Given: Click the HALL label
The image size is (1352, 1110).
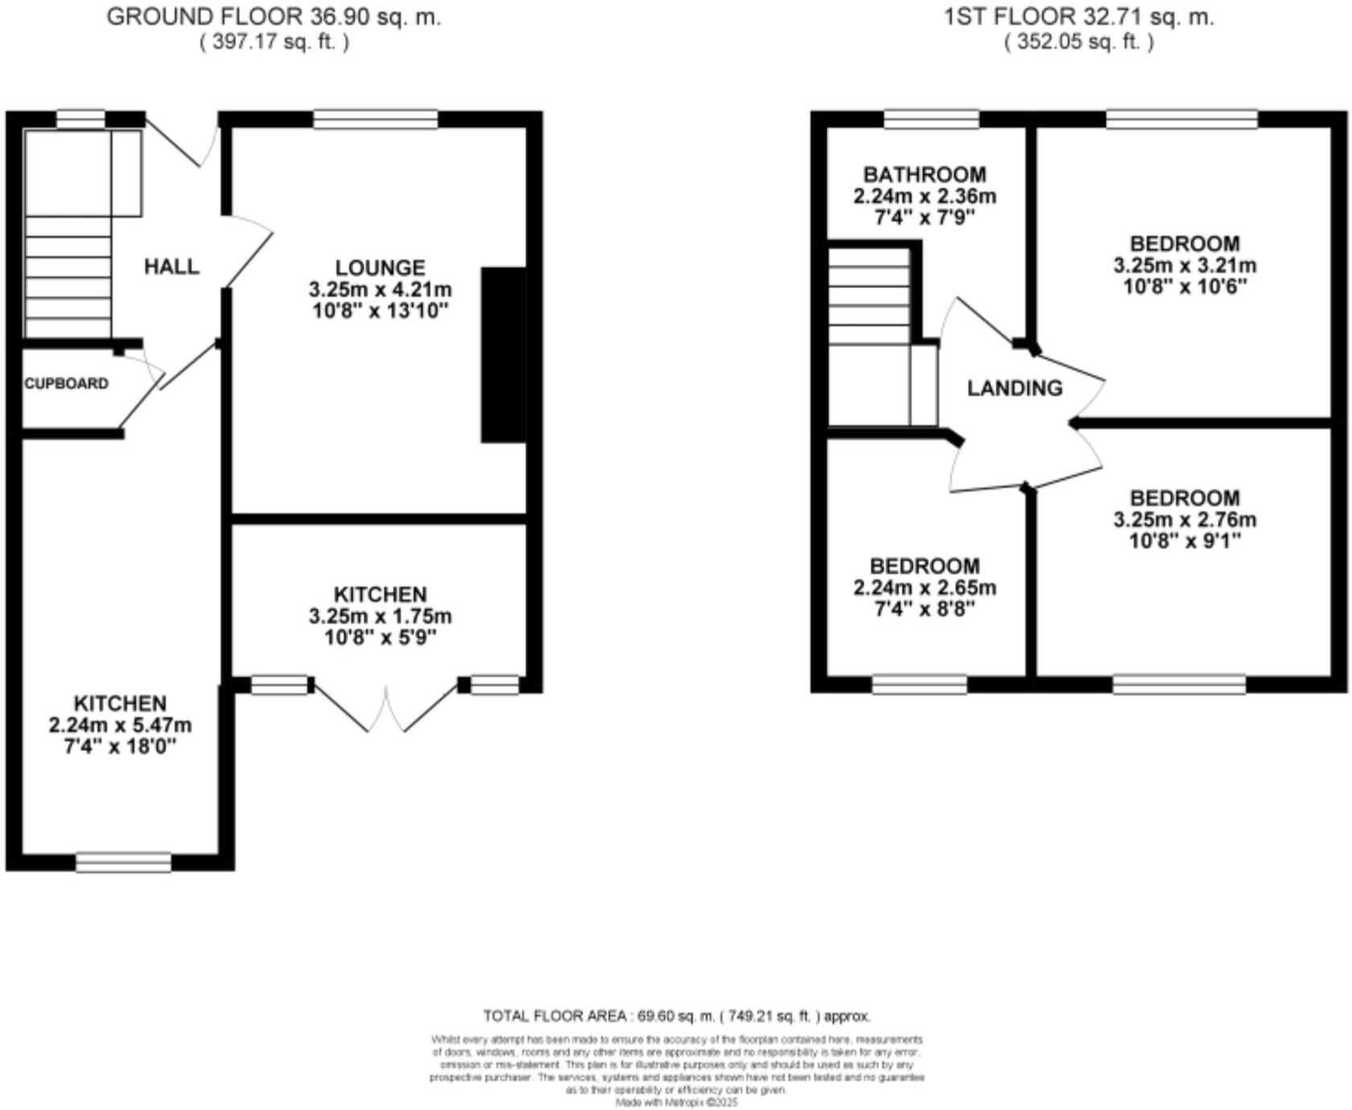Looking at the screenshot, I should (x=171, y=266).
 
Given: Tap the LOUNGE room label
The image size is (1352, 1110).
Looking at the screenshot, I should (x=380, y=267).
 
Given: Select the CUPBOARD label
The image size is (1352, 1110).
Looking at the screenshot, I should (x=66, y=384).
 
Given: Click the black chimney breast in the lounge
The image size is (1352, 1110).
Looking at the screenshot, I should (x=504, y=355).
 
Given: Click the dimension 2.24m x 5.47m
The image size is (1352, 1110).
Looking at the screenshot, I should (x=120, y=725).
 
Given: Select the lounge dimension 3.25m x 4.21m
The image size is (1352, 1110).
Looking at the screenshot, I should (x=380, y=289).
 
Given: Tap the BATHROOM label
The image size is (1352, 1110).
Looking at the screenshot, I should (x=924, y=175).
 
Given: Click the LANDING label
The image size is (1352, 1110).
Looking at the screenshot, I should (x=1014, y=388).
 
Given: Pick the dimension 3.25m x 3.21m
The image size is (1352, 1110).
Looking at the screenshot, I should (x=1185, y=266).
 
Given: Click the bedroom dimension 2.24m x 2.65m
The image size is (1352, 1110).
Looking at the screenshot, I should (x=924, y=588).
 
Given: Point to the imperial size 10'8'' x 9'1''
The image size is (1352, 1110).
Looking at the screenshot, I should (x=1185, y=541).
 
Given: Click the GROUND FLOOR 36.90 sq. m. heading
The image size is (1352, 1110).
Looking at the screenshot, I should (x=274, y=17).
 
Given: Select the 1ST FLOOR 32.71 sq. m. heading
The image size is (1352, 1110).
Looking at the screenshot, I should (x=1078, y=17).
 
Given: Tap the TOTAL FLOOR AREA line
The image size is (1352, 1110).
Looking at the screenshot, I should (x=676, y=1017).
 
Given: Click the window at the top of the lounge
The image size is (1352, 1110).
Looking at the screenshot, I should (x=375, y=120).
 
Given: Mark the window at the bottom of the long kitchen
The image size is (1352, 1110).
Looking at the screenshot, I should (x=123, y=863).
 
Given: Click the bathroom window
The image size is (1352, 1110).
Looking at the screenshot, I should (x=931, y=120).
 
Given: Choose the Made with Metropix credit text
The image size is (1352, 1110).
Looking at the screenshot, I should (x=676, y=1102).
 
